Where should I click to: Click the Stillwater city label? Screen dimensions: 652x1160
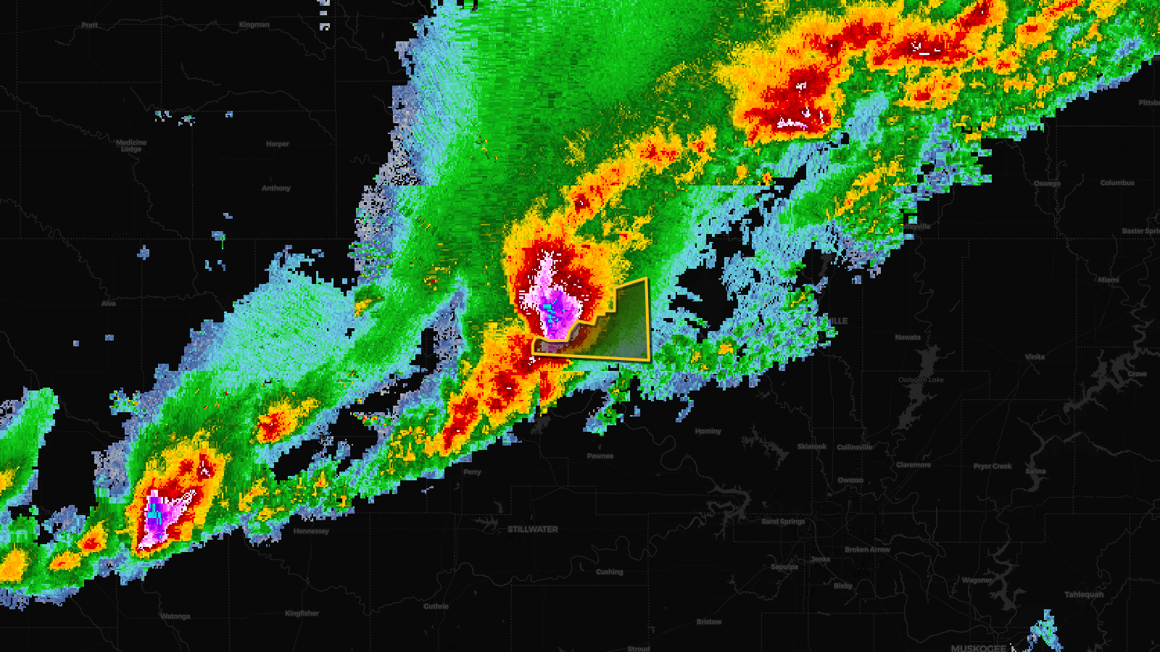point(532,530)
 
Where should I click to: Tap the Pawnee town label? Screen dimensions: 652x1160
point(600,456)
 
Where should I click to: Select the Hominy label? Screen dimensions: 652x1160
point(708,431)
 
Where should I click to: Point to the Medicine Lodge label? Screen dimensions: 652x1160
point(131,146)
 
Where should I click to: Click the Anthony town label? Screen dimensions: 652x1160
point(275,188)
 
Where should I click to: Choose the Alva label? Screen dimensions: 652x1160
point(108,304)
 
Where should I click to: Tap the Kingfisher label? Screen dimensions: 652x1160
point(302,614)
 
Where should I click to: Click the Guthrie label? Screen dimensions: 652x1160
point(436,606)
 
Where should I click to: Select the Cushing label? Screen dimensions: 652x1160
point(609,572)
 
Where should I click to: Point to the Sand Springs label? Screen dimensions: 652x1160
point(783,522)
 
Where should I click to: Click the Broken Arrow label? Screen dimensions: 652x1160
point(867,549)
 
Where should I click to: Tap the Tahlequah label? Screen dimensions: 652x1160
point(1084,595)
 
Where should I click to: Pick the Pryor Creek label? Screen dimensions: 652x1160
point(992,467)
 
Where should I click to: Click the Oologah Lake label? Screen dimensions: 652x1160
point(921,380)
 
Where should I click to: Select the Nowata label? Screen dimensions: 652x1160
point(907,338)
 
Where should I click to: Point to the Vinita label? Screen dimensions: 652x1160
point(1035,356)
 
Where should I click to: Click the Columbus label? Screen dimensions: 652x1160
point(1116,183)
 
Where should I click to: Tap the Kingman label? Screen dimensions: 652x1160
point(254,25)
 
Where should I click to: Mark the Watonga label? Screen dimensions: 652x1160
point(175,617)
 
